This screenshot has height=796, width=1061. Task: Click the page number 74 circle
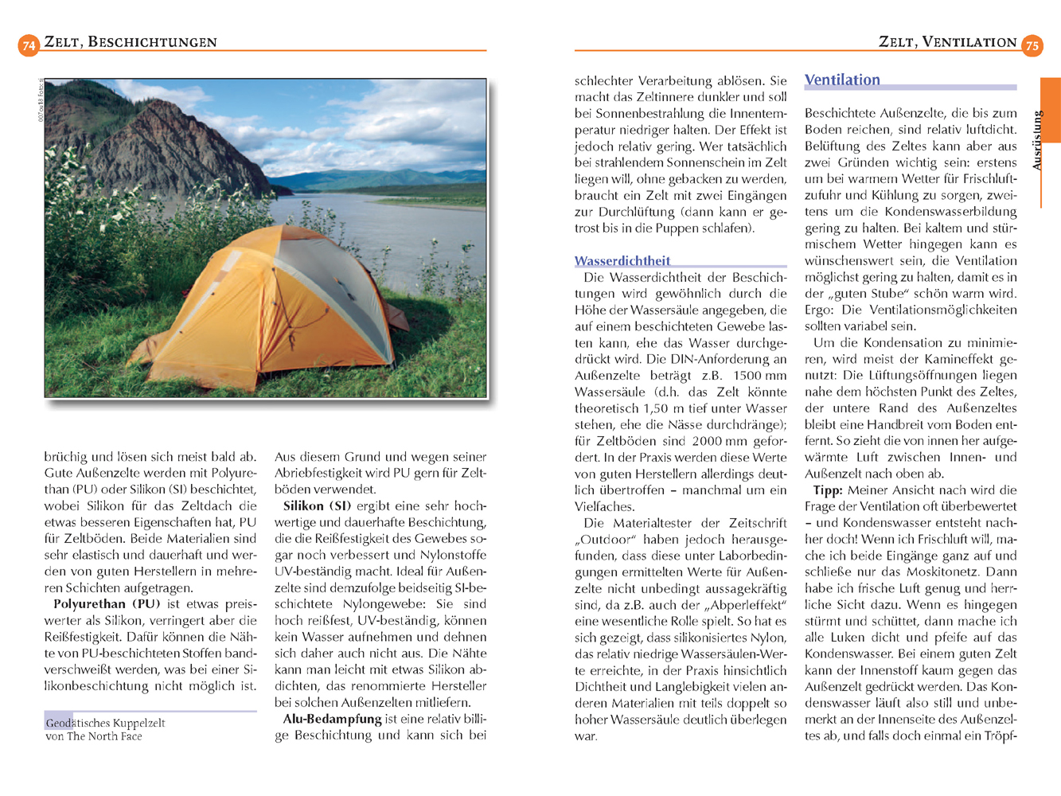[29, 45]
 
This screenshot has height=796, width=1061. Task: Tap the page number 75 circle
[1032, 45]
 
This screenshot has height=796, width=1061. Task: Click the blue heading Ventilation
[842, 80]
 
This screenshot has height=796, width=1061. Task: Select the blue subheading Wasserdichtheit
[622, 261]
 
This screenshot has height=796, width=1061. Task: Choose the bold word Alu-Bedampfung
[333, 719]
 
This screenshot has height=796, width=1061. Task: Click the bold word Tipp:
[827, 490]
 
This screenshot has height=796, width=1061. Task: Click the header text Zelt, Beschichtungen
[131, 42]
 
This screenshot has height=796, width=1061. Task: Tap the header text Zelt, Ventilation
[947, 42]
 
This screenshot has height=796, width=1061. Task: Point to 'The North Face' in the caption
[104, 736]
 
